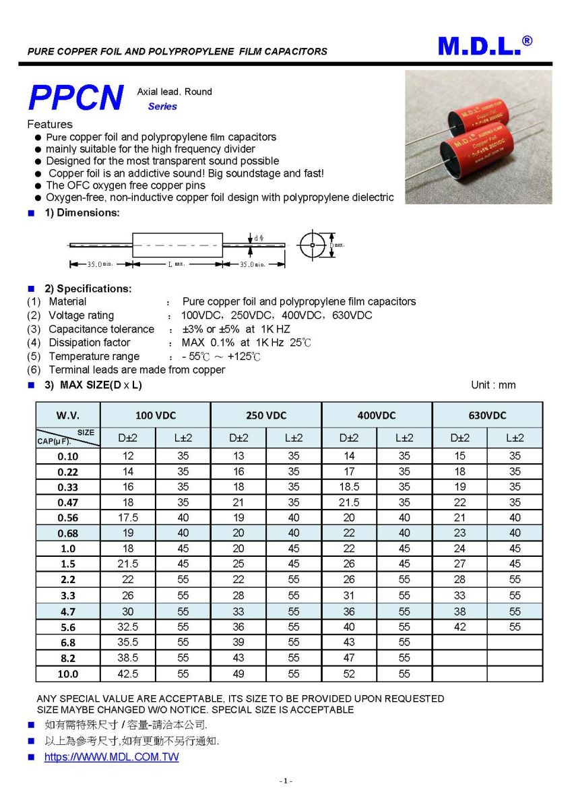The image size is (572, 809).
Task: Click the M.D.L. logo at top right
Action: (x=484, y=46)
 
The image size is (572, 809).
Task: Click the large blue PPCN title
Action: (x=76, y=98)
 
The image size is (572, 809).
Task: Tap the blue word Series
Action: (x=162, y=107)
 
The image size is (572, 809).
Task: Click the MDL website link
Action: (x=112, y=757)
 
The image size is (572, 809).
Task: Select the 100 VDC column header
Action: (x=155, y=415)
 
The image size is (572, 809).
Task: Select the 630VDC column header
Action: (x=487, y=415)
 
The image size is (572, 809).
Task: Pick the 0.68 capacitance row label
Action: (x=67, y=533)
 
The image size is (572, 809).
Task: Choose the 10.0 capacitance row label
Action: (x=67, y=673)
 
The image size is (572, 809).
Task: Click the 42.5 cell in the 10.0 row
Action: (x=128, y=673)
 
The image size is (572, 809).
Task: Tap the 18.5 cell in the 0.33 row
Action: (x=349, y=487)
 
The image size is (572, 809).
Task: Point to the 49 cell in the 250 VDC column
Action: (x=239, y=673)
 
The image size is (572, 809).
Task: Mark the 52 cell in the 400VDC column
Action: (x=349, y=673)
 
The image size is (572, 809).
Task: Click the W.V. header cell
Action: (x=67, y=415)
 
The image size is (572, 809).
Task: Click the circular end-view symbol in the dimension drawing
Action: (x=312, y=245)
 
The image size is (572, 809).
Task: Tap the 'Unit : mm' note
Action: (x=493, y=385)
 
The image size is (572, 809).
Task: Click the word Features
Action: (x=50, y=124)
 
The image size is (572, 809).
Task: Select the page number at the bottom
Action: (x=286, y=781)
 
